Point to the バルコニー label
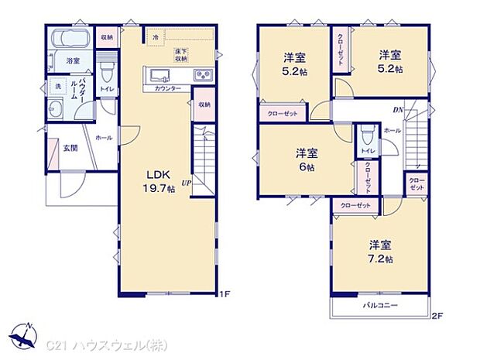[381, 306]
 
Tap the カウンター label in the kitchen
[168, 89]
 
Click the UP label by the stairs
[187, 183]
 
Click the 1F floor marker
[225, 294]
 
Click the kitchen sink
[159, 75]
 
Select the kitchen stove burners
[202, 75]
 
